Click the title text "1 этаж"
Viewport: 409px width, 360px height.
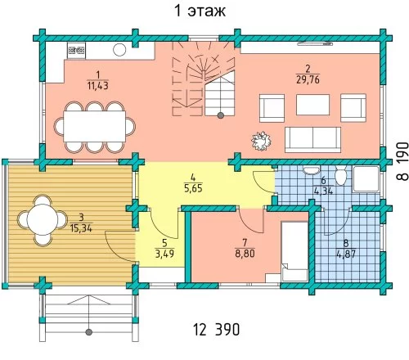tap(200, 11)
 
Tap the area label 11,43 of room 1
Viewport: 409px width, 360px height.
tap(98, 86)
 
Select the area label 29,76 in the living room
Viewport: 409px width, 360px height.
tap(308, 79)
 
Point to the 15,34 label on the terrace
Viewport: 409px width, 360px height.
tap(81, 228)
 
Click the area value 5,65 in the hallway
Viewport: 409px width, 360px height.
tap(193, 188)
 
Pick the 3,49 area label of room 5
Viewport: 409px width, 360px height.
tap(164, 254)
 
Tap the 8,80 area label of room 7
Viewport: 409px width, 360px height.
tap(245, 254)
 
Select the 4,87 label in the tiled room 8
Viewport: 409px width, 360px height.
tap(346, 254)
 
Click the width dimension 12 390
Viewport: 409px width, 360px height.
tap(217, 330)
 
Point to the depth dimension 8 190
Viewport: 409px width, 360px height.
tap(402, 161)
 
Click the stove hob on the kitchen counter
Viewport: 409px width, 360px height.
tap(76, 51)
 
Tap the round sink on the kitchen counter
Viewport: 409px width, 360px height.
tap(119, 50)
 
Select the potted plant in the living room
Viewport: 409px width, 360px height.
tap(261, 141)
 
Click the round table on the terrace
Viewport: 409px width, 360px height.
tap(43, 219)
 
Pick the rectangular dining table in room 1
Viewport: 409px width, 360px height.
tap(94, 126)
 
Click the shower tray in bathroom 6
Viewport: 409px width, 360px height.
tap(366, 178)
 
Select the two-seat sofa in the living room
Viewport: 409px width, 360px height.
tap(312, 140)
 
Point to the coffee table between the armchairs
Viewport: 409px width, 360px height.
tap(312, 105)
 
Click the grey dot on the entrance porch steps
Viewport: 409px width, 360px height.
tap(88, 332)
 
